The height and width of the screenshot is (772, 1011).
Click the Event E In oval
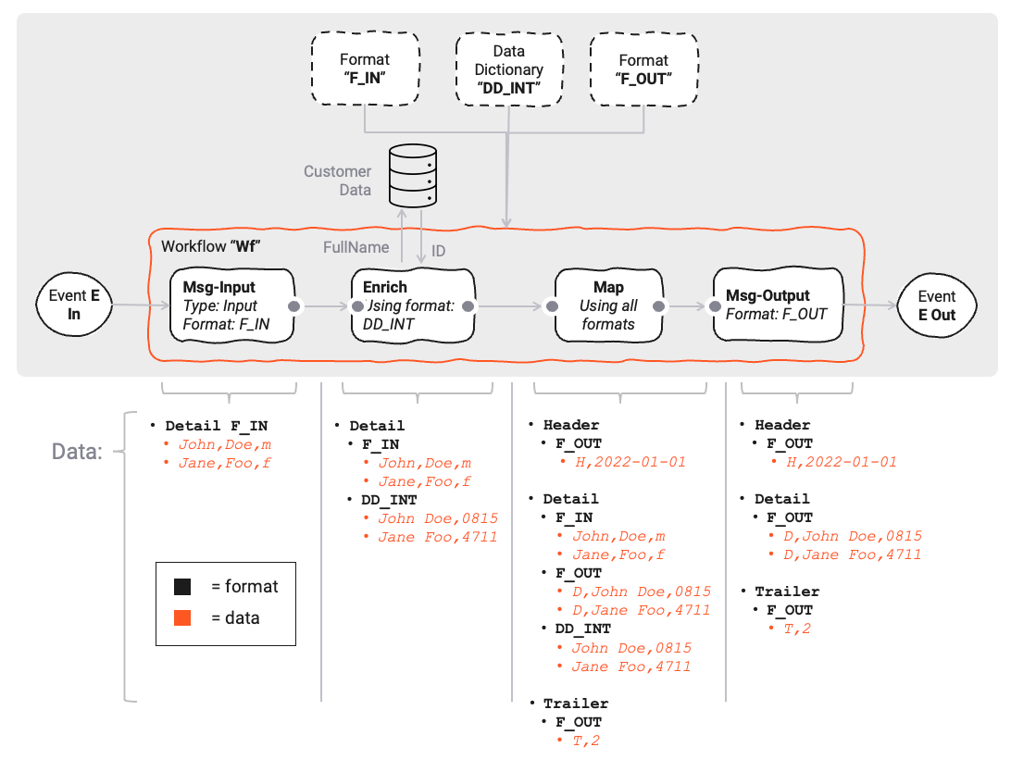pos(75,305)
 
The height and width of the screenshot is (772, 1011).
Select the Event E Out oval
pos(936,305)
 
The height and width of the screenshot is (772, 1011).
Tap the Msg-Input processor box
pos(231,304)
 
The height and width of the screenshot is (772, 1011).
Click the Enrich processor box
pos(413,304)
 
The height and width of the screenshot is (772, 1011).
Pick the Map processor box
pos(608,305)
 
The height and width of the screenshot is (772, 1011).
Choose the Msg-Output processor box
pos(777,304)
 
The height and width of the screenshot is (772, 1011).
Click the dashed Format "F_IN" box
pos(364,69)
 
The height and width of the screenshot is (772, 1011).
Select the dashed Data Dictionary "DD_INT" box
pos(508,69)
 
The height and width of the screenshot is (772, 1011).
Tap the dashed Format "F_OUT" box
pos(643,69)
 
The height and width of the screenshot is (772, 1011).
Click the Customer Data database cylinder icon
pos(412,176)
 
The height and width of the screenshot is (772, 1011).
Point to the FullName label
pos(356,247)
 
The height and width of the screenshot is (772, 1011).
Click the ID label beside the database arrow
pos(439,251)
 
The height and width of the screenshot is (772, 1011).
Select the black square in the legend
pos(182,586)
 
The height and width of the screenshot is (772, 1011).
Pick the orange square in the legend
pos(182,617)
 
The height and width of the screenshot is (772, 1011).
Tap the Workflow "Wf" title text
pos(209,247)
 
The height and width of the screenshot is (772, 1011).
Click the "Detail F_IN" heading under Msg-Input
pos(217,426)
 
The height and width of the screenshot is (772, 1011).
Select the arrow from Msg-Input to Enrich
pos(323,305)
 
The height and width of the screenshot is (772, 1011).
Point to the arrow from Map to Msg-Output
pos(686,305)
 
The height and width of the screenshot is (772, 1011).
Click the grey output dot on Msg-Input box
pos(293,305)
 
